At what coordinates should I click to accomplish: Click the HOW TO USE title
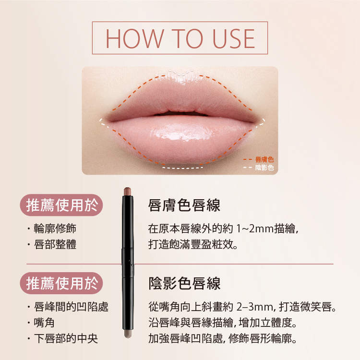point(180,38)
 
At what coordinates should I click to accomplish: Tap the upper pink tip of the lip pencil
point(127,192)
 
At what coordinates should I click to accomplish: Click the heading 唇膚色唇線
point(184,205)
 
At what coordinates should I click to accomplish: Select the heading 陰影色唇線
point(184,283)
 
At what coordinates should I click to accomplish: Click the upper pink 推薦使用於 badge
point(61,205)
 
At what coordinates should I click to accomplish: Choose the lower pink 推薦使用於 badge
point(61,283)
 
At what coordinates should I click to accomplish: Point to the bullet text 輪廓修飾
point(55,228)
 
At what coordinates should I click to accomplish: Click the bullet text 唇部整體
point(55,244)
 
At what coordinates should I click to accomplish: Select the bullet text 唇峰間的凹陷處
point(71,307)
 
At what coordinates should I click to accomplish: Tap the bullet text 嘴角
point(44,323)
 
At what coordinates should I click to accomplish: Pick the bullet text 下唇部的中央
point(66,338)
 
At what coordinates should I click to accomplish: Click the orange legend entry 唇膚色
point(264,159)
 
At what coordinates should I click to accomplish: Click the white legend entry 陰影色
point(264,168)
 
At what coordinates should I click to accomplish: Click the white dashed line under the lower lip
point(182,168)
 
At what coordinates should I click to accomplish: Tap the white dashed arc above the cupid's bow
point(181,72)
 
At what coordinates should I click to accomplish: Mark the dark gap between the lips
point(180,114)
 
